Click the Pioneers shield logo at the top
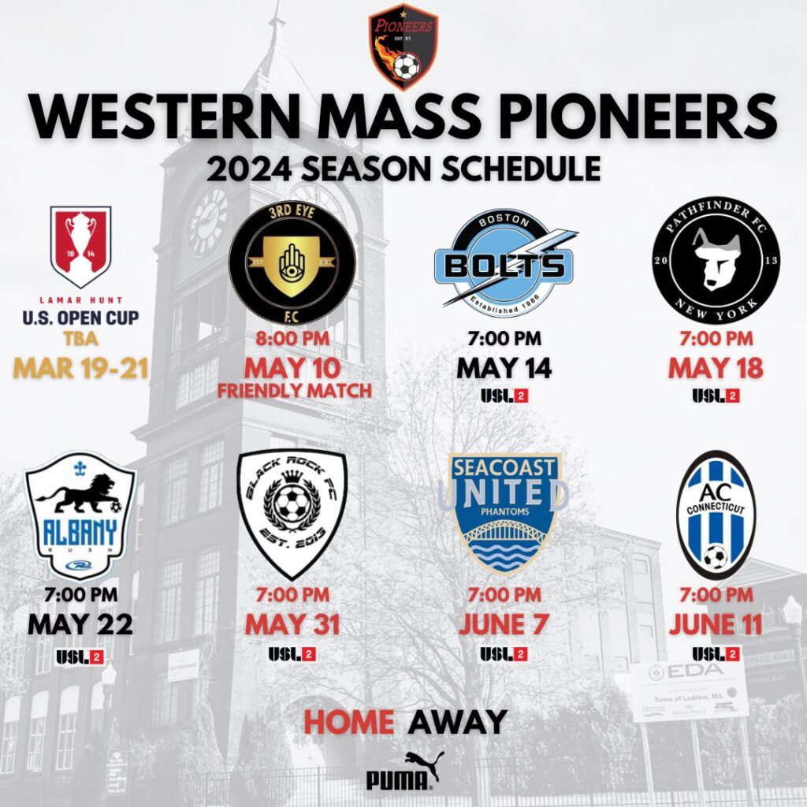coord(403,46)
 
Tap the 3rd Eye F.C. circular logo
coord(292,263)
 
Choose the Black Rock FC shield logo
coord(292,514)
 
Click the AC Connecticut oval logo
coord(716,514)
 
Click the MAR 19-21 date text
coord(81,368)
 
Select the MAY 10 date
coord(292,367)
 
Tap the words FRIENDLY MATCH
coord(292,390)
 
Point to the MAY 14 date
coord(505,367)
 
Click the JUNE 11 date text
coord(716,625)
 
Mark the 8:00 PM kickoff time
coord(292,341)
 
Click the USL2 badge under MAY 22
coord(80,656)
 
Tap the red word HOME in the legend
coord(348,720)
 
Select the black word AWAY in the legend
coord(457,720)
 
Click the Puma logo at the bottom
coord(403,772)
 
